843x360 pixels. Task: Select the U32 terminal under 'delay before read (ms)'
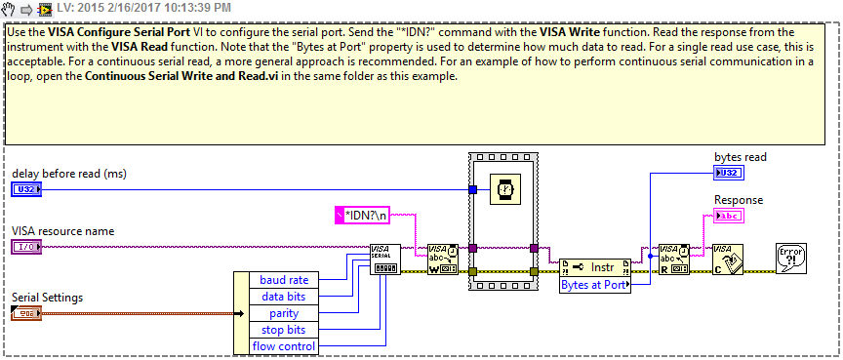pyautogui.click(x=26, y=189)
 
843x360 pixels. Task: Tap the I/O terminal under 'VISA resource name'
pyautogui.click(x=26, y=246)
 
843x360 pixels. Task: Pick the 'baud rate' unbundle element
pyautogui.click(x=284, y=280)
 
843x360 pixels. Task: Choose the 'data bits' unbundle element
pyautogui.click(x=284, y=297)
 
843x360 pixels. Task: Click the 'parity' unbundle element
pyautogui.click(x=284, y=313)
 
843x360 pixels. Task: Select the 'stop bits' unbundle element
pyautogui.click(x=284, y=330)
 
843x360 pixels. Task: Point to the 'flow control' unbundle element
pyautogui.click(x=284, y=346)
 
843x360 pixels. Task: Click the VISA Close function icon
pyautogui.click(x=727, y=260)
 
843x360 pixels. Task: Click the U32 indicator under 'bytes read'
pyautogui.click(x=727, y=173)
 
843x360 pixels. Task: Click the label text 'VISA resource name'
pyautogui.click(x=63, y=231)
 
